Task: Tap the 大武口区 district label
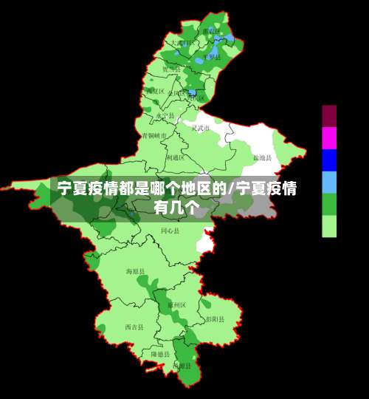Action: pyautogui.click(x=183, y=43)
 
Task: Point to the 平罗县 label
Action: pyautogui.click(x=213, y=57)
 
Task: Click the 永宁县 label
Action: pyautogui.click(x=165, y=116)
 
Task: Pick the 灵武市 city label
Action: pyautogui.click(x=201, y=128)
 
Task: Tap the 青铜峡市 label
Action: pyautogui.click(x=155, y=136)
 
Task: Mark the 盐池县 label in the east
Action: pyautogui.click(x=263, y=157)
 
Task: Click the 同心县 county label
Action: pyautogui.click(x=170, y=231)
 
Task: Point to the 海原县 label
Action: pyautogui.click(x=136, y=272)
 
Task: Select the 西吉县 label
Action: pyautogui.click(x=134, y=327)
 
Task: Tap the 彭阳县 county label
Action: pyautogui.click(x=215, y=319)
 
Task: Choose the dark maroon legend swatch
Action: pyautogui.click(x=329, y=115)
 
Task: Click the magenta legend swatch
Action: pyautogui.click(x=329, y=137)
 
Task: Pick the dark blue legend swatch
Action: pyautogui.click(x=329, y=160)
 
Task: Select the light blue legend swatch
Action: pyautogui.click(x=329, y=182)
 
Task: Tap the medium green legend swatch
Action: pyautogui.click(x=329, y=204)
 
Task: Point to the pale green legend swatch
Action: pyautogui.click(x=329, y=226)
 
